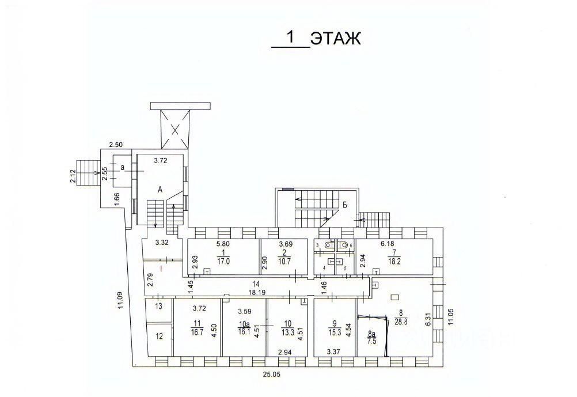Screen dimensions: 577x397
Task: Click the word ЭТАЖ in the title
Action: pos(335,39)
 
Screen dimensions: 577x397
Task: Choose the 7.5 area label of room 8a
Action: pos(372,341)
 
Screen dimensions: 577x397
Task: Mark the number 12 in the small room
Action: pos(160,336)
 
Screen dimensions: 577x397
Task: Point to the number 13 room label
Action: pos(160,306)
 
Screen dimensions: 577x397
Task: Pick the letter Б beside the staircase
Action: pos(344,204)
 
